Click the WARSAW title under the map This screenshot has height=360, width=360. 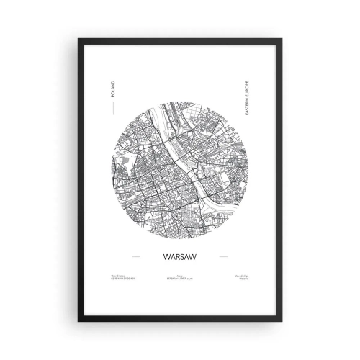click(179, 255)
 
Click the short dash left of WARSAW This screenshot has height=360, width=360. click(135, 255)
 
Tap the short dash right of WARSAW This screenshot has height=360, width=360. click(224, 255)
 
